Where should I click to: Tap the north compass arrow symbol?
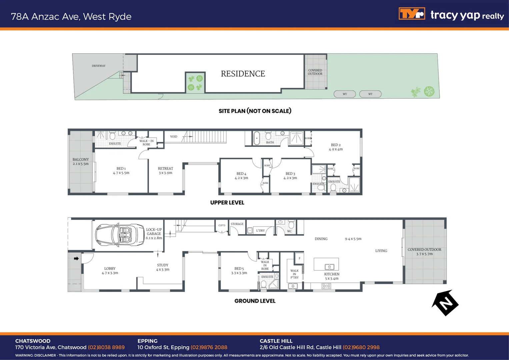tap(445, 303)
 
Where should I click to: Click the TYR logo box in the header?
tap(412, 14)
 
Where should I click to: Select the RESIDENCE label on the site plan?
tap(243, 74)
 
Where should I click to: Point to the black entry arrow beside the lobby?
tap(76, 258)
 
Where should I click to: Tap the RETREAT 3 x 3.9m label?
tap(165, 171)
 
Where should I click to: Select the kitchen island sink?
tap(329, 267)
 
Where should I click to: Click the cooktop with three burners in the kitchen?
tap(326, 286)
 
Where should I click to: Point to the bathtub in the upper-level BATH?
tap(257, 138)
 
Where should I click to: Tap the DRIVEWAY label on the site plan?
tap(99, 66)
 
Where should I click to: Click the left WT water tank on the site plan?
tap(345, 94)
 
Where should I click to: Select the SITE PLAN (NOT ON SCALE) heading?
tap(255, 111)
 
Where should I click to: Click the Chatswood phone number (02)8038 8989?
tap(106, 347)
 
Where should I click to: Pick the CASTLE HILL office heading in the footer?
tap(276, 341)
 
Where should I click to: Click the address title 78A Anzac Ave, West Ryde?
tap(71, 17)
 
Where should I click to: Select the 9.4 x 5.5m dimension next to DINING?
tap(353, 239)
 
